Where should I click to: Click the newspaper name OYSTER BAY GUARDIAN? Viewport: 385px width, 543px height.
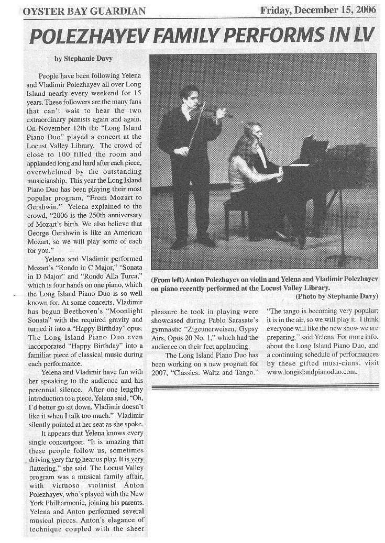coord(84,10)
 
